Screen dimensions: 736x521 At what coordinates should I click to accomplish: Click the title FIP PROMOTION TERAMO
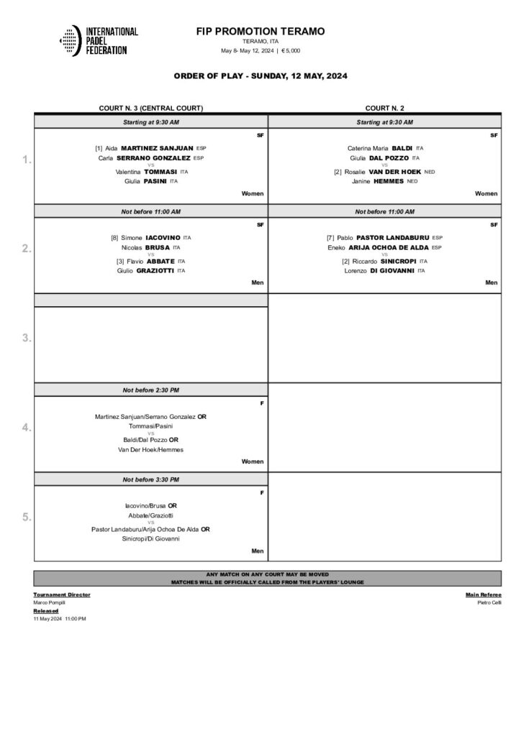click(x=260, y=32)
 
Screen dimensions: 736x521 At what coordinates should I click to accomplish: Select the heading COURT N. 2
click(x=384, y=108)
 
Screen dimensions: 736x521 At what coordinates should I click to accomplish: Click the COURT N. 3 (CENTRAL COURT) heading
click(x=151, y=108)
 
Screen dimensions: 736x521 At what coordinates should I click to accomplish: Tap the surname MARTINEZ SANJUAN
click(x=158, y=147)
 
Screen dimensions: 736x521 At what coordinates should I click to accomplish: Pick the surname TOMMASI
click(x=160, y=172)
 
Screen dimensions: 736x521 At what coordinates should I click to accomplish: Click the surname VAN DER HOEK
click(x=392, y=172)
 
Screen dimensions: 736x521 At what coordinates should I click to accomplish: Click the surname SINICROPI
click(x=395, y=262)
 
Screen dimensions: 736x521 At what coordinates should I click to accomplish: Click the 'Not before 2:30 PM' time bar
click(x=151, y=390)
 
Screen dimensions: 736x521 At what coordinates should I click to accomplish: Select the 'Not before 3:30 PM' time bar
click(x=151, y=479)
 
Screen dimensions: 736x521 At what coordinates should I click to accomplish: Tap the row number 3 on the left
click(x=26, y=338)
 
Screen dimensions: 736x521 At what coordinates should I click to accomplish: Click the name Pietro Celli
click(x=489, y=602)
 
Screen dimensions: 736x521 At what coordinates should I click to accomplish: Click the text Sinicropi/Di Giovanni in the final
click(x=151, y=538)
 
